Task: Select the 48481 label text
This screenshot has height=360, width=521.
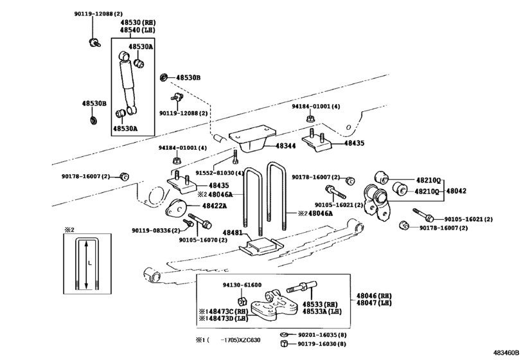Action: coord(233,233)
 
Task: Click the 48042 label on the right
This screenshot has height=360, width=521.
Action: coord(456,191)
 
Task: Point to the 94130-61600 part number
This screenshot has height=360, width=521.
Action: coord(242,285)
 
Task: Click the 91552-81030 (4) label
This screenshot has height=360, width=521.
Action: coord(220,173)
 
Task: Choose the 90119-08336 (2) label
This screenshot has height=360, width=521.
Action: coord(156,230)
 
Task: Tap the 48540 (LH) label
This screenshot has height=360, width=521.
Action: coord(137,30)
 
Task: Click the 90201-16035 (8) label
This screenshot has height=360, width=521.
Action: coord(322,335)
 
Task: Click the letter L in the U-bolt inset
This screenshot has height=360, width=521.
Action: coord(90,262)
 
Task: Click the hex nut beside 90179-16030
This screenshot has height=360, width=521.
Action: coord(284,344)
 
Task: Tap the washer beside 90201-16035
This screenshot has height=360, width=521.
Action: coord(284,334)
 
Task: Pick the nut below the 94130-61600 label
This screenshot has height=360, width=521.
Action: coord(242,301)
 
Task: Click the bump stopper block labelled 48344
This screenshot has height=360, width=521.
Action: coord(252,139)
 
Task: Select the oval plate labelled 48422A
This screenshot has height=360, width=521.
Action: coord(176,209)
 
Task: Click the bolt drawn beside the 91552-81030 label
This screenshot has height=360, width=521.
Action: coord(235,157)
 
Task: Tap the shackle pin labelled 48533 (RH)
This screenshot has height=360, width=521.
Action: coord(301,287)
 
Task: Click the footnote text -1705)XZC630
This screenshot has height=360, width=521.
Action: coord(240,340)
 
